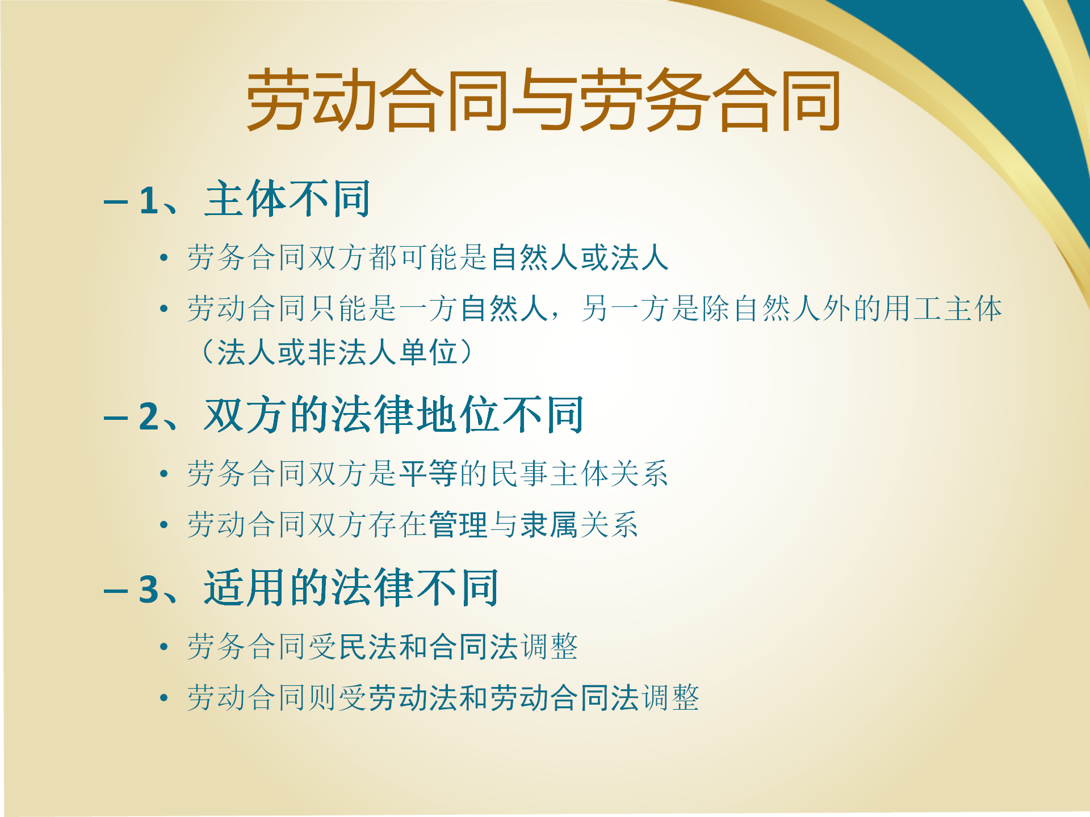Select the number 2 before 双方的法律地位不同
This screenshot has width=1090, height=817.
pyautogui.click(x=149, y=417)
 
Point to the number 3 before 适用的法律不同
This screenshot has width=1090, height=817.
pyautogui.click(x=149, y=589)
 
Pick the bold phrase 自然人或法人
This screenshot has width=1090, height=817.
pyautogui.click(x=580, y=258)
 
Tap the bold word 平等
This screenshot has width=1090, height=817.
pyautogui.click(x=428, y=473)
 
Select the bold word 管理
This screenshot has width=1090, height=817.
pyautogui.click(x=458, y=524)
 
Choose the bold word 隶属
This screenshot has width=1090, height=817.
pyautogui.click(x=549, y=524)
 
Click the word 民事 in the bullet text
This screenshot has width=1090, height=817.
pyautogui.click(x=519, y=473)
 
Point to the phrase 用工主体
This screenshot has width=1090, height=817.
pyautogui.click(x=943, y=309)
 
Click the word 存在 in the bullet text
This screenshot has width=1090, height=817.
pyautogui.click(x=398, y=524)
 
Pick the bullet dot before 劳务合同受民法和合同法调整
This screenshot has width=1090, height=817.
pyautogui.click(x=164, y=647)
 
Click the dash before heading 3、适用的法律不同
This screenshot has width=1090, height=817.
pyautogui.click(x=116, y=591)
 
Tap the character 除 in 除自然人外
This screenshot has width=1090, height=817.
pyautogui.click(x=716, y=309)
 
